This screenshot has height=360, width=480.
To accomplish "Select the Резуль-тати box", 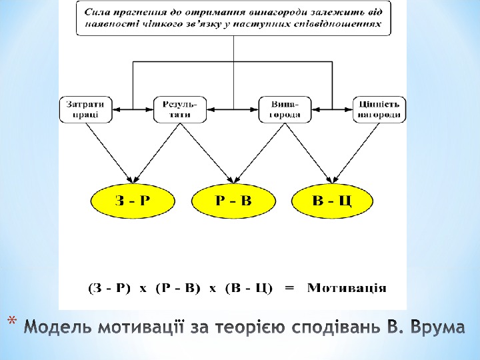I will pos(180,109).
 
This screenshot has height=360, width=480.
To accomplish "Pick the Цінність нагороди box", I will pos(379,109).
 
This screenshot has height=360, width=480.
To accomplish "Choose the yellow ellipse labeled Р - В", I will pos(233,199).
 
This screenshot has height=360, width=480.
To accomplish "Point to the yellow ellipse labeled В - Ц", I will pos(332,199).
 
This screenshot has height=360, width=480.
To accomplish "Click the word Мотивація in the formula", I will pos(347,288).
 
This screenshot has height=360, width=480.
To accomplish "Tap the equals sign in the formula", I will pos(289,288).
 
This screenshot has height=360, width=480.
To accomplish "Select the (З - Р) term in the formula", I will pos(109,288).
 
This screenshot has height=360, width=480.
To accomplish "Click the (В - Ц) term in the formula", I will pos(249,288).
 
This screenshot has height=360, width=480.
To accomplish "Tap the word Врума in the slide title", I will pos(437,328).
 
